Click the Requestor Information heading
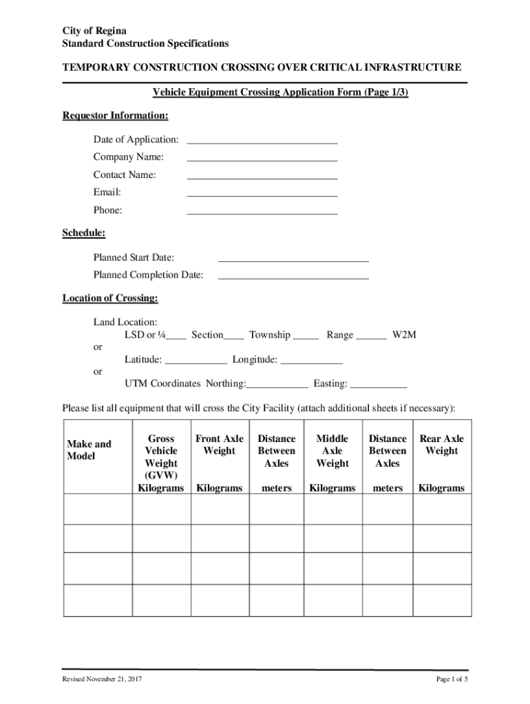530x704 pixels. tap(115, 115)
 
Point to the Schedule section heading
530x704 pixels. tap(84, 233)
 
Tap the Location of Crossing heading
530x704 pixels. tap(110, 298)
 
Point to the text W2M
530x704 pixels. tap(404, 335)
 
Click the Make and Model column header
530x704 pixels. tap(89, 450)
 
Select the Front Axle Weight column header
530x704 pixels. tap(220, 445)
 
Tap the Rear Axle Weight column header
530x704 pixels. tap(441, 445)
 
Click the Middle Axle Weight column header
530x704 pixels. tap(332, 451)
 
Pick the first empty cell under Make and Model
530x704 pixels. tap(98, 509)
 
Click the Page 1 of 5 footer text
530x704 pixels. tap(452, 680)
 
